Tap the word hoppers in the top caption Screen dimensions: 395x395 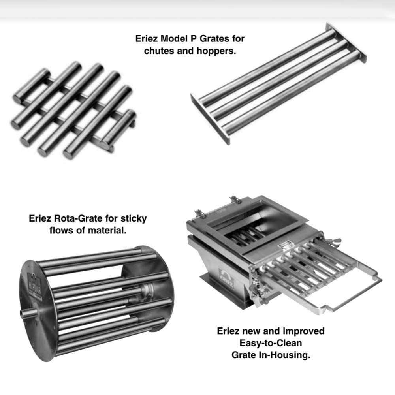(x=216, y=51)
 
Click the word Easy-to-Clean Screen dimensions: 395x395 (x=271, y=343)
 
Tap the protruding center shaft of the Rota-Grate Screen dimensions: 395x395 (x=28, y=314)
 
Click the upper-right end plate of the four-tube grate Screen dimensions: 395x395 (x=346, y=42)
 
